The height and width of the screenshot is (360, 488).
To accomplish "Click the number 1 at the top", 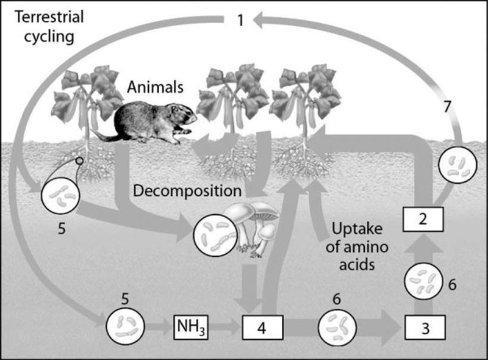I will [240, 21].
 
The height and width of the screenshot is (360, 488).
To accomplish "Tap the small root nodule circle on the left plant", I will [79, 162].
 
